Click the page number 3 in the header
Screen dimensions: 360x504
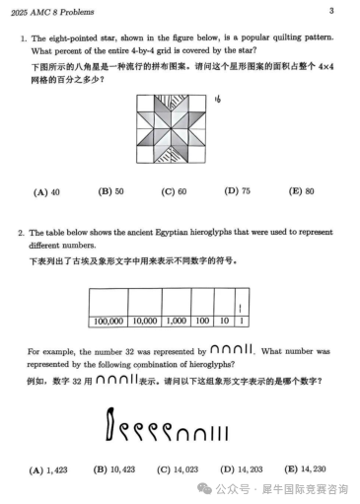[x=331, y=11]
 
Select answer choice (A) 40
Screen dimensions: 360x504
[x=48, y=191]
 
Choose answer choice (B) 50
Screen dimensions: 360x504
[x=110, y=191]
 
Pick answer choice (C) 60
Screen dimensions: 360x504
[x=175, y=191]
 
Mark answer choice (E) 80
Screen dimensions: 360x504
[x=301, y=191]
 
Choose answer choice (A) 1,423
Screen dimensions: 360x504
[x=48, y=468]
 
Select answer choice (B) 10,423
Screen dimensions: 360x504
[x=111, y=468]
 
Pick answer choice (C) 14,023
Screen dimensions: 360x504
[x=175, y=468]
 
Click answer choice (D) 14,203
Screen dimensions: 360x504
[x=240, y=468]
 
